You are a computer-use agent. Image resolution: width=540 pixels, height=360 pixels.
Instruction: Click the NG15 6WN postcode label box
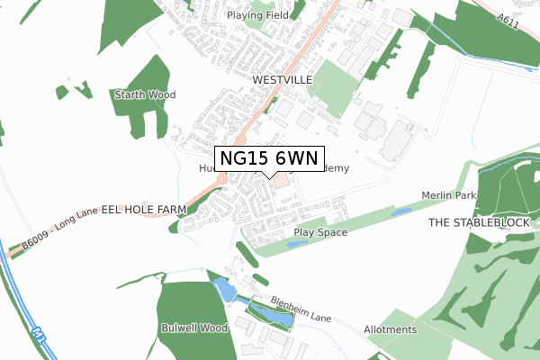click(x=268, y=158)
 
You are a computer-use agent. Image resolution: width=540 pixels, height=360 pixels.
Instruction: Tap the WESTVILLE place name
click(x=282, y=80)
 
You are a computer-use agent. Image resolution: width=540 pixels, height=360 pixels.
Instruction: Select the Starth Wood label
click(x=144, y=94)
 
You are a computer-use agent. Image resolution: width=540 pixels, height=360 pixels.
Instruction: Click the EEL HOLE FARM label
click(x=143, y=209)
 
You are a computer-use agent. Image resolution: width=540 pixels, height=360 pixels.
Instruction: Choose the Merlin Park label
click(x=447, y=196)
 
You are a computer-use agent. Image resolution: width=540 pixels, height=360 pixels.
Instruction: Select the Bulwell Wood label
click(x=192, y=327)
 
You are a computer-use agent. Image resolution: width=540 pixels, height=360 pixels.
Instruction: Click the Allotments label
click(x=391, y=330)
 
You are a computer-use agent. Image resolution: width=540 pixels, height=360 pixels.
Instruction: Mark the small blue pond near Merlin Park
click(x=401, y=212)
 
